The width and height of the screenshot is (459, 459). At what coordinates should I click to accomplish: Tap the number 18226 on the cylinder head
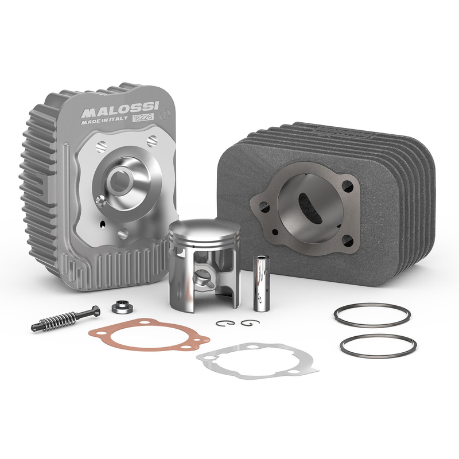[x=143, y=118]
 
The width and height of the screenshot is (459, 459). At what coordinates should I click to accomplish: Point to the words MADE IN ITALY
[x=104, y=120]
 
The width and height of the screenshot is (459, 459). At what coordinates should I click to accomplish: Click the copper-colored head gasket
[x=149, y=336]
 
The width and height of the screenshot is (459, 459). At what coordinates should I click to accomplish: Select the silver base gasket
[x=258, y=362]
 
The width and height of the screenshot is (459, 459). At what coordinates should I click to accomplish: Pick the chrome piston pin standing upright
[x=261, y=283]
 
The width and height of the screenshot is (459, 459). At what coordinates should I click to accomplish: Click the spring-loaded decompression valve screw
[x=65, y=318]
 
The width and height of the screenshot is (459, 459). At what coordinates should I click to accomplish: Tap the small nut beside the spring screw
[x=122, y=307]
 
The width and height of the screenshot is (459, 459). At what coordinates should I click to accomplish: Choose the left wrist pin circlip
[x=225, y=323]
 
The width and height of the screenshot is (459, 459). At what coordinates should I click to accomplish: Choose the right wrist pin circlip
[x=250, y=322]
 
